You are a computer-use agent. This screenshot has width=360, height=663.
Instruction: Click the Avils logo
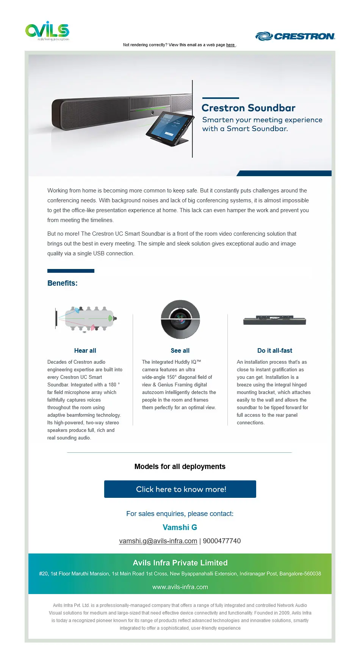[x=47, y=31]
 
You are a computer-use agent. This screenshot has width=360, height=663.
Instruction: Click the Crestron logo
[x=295, y=36]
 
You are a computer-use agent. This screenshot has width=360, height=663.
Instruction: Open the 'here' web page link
[x=230, y=45]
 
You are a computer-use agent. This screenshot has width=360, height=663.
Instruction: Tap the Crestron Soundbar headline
[x=248, y=108]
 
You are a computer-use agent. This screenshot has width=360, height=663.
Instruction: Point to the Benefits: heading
[x=63, y=283]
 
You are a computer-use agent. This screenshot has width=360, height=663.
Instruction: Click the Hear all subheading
[x=85, y=350]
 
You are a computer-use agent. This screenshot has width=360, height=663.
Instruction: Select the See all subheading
[x=180, y=350]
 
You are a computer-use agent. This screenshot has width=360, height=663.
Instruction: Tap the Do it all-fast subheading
[x=275, y=350]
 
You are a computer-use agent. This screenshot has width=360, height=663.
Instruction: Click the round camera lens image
[x=180, y=319]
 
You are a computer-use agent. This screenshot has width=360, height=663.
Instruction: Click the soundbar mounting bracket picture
[x=275, y=320]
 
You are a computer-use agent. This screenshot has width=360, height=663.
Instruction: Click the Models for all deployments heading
[x=180, y=466]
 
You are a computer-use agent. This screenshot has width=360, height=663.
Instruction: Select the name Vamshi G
[x=180, y=527]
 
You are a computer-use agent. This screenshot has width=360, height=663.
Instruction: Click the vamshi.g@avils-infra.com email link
[x=158, y=541]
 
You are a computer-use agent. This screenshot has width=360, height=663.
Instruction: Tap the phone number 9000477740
[x=222, y=541]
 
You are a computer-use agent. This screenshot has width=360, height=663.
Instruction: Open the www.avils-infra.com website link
[x=180, y=587]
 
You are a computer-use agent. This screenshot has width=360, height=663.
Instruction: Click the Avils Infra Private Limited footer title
[x=180, y=563]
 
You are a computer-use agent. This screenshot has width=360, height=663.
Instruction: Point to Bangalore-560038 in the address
[x=300, y=574]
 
